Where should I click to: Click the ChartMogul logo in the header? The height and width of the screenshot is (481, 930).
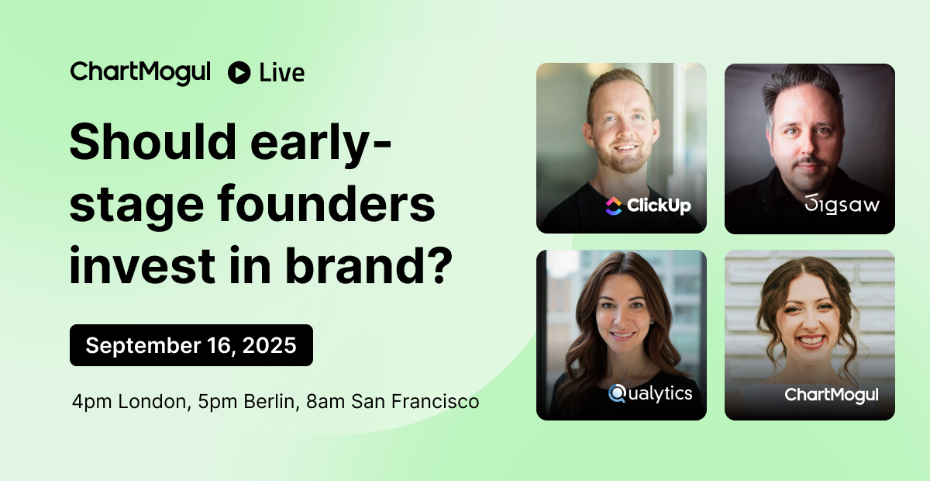coord(140,73)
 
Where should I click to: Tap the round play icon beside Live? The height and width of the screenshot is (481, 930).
coord(239,73)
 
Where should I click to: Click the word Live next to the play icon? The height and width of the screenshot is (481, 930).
coord(282,73)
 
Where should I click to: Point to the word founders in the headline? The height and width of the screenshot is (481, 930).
coord(326,204)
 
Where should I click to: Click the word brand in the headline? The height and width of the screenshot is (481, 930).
coord(357,265)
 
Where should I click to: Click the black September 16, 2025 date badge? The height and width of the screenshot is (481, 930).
coord(191,345)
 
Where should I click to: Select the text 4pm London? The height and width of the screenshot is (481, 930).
coord(131,402)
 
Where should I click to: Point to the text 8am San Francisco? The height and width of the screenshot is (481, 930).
coord(393,402)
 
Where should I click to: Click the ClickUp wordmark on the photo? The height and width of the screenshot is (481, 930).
coord(659,206)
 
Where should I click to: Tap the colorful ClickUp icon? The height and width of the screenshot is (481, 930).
coord(614,206)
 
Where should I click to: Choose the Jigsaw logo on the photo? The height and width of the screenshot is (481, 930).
coord(842,204)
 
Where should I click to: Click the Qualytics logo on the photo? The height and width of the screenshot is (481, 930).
coord(650,393)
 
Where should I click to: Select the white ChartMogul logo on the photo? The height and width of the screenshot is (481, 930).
coord(831,395)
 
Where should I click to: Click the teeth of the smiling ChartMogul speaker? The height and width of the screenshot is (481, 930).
coord(811,341)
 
